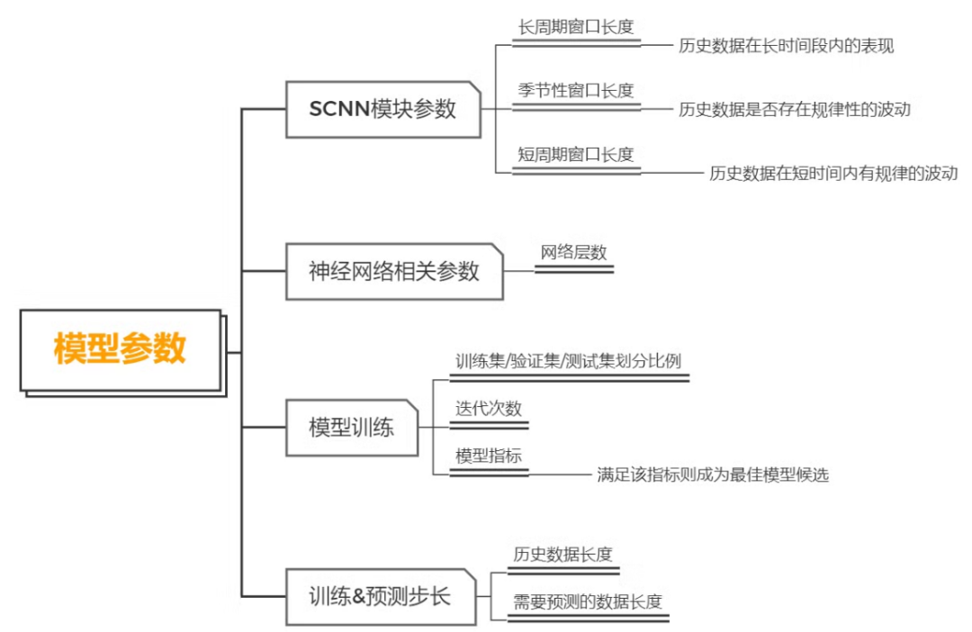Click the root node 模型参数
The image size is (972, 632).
coord(120,349)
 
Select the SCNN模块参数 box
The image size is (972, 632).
coord(383,110)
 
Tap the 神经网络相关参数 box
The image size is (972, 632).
coord(393,271)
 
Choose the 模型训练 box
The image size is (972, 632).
coord(352,428)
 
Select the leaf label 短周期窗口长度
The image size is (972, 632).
coord(576,154)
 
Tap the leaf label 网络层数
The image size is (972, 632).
coord(574,252)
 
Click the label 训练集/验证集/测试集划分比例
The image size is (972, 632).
coord(568,361)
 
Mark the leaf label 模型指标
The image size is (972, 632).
coord(489,456)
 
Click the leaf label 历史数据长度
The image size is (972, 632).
coord(563,554)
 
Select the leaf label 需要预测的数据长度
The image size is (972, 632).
coord(588,601)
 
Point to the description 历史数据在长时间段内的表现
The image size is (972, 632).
coord(786,46)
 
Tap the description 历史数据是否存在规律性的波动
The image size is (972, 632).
coord(795,110)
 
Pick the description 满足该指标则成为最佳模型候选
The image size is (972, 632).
coord(712,474)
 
